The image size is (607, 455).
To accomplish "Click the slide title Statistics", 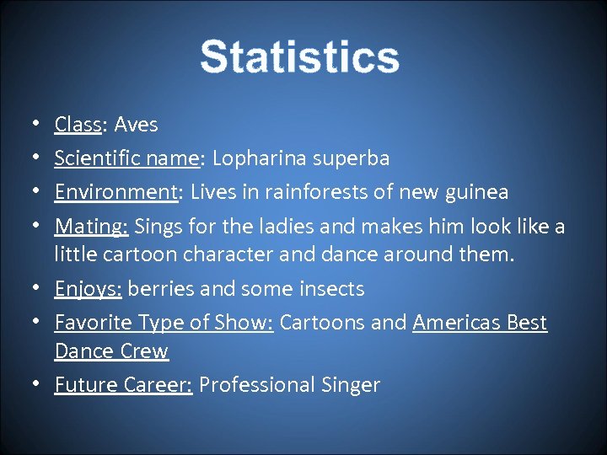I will tap(299, 57).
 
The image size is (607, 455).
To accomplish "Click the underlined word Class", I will tap(78, 125).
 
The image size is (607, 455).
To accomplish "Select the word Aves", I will tap(136, 125).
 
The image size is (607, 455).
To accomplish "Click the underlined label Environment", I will tap(115, 192).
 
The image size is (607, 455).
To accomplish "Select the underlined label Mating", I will tap(89, 227).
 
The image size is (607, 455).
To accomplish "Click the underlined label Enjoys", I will tap(87, 289).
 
